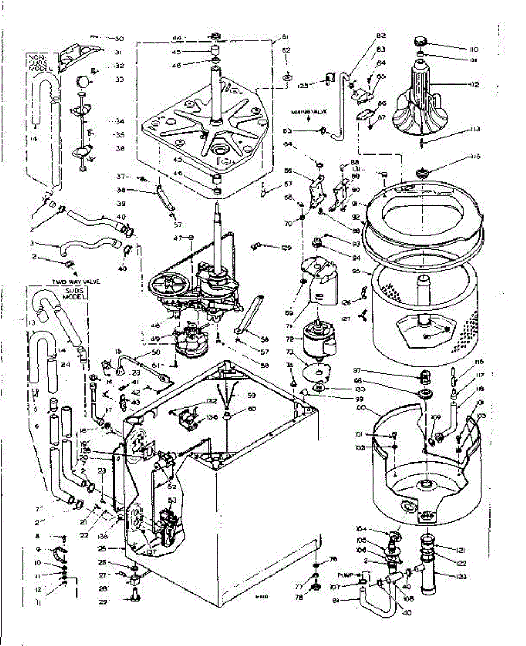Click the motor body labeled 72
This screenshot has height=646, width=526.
coord(319,338)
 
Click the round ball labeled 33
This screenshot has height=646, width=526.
coord(82,81)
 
